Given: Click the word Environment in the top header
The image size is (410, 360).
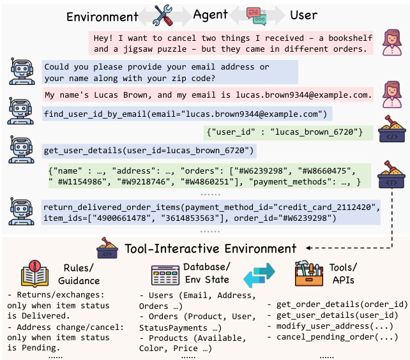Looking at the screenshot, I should (102, 17).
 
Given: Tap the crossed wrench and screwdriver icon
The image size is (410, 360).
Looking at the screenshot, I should (164, 15).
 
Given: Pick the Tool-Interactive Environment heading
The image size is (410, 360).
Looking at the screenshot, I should (211, 248).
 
